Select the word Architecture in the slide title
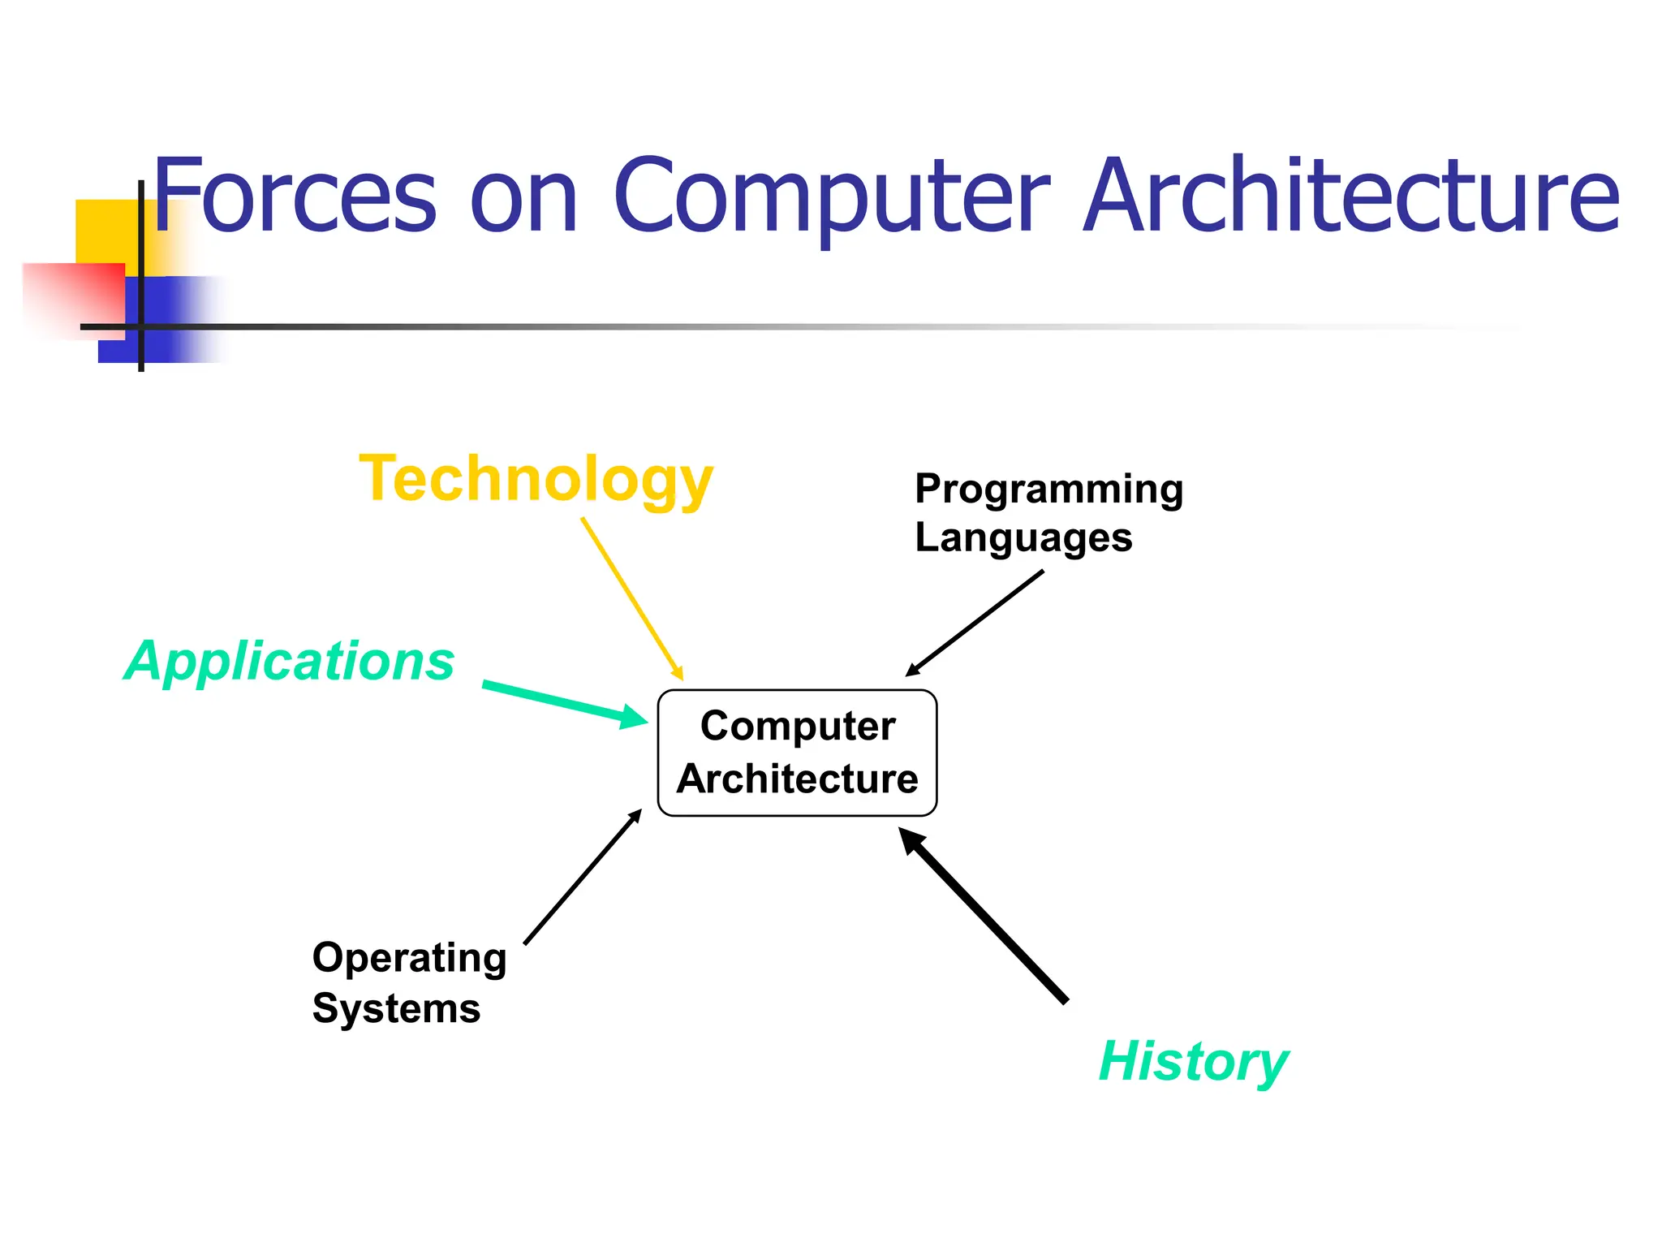[1351, 195]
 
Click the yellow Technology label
[536, 479]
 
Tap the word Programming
[1048, 489]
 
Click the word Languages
[1023, 537]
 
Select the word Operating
[409, 958]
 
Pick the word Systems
[396, 1008]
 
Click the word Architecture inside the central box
[798, 779]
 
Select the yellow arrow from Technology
[631, 598]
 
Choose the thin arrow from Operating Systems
[583, 878]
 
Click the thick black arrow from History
[985, 917]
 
